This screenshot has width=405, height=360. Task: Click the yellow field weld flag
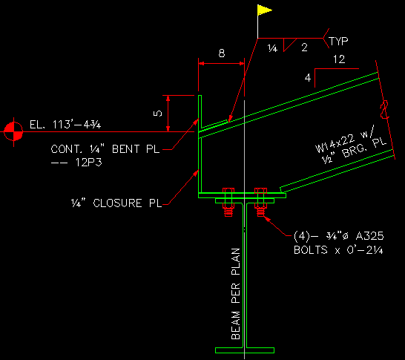(x=264, y=10)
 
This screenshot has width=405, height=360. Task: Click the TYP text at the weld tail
(x=339, y=42)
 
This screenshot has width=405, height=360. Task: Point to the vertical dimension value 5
(x=157, y=113)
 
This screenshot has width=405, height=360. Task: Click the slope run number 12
(x=340, y=59)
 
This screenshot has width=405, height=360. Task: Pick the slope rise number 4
(x=307, y=77)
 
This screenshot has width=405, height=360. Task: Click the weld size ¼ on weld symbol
(x=272, y=48)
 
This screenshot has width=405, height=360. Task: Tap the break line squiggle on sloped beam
(x=384, y=111)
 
